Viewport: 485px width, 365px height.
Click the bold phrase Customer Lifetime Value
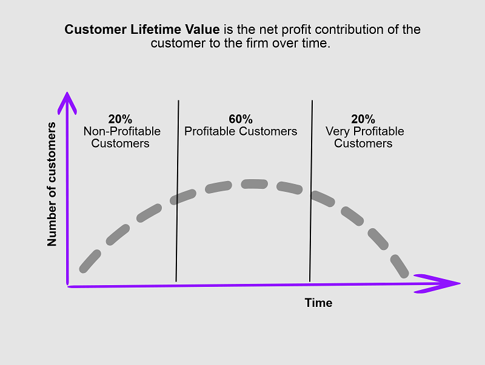142,30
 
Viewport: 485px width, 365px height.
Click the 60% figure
241,119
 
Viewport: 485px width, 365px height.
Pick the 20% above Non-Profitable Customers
120,119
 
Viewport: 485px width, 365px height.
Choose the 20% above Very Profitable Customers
363,119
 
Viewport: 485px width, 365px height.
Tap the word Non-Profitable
122,131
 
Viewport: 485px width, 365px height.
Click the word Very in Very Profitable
338,131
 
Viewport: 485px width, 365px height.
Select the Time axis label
319,303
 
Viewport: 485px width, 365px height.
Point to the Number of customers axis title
52,184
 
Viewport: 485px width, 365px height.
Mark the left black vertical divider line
177,191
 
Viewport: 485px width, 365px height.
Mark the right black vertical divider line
311,191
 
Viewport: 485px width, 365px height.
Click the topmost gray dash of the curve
254,184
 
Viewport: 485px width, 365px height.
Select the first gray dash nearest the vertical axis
90,261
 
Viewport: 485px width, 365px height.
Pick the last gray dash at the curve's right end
400,266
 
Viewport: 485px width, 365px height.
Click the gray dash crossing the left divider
183,197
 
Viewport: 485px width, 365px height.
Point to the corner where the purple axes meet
68,286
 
